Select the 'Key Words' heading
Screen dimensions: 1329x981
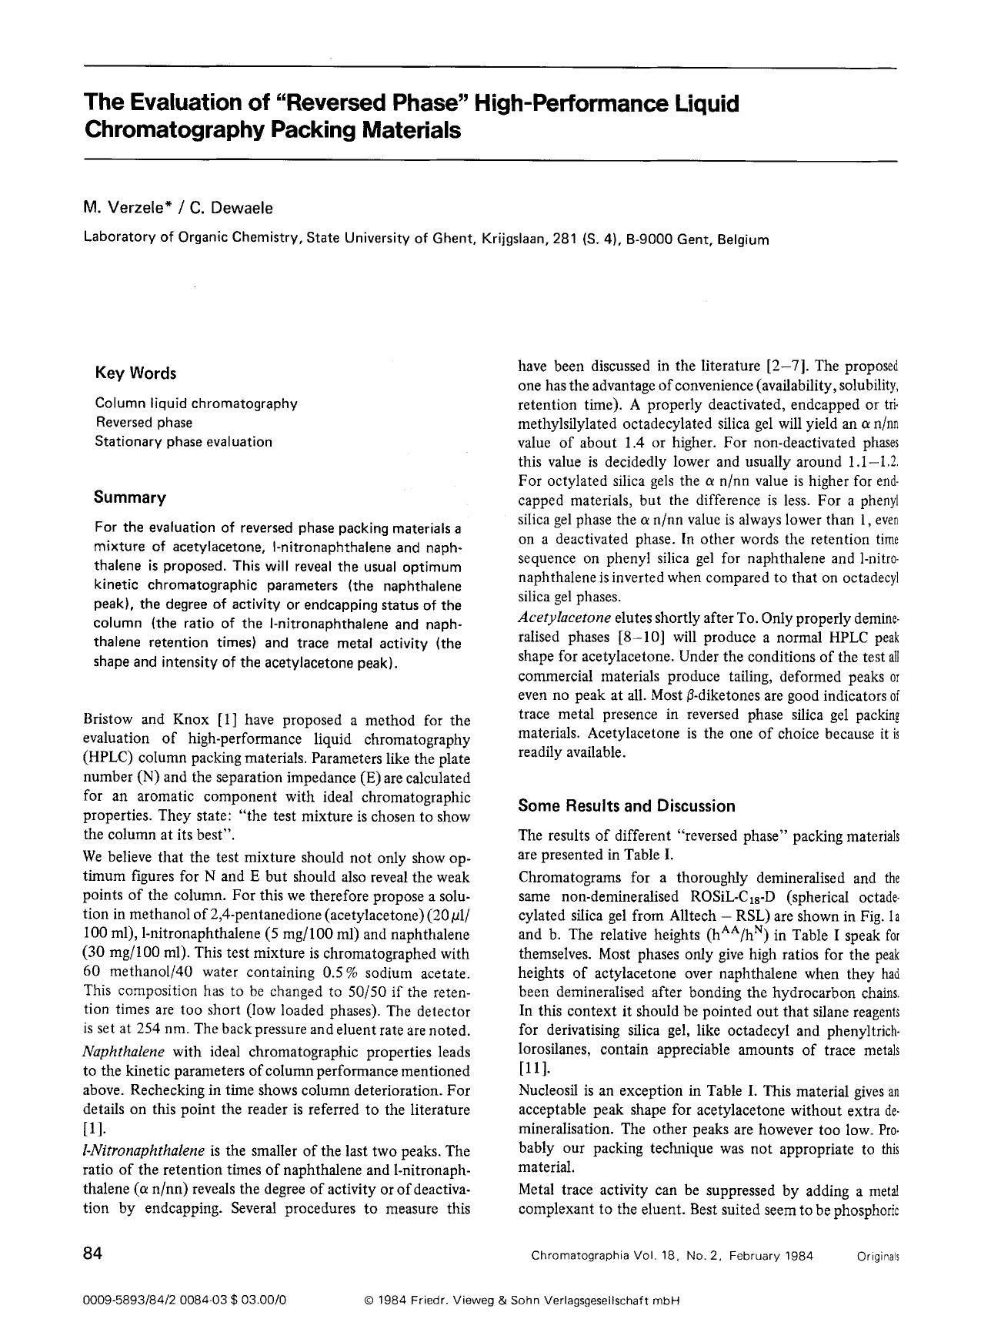click(x=135, y=373)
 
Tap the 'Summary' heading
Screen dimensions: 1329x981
click(x=129, y=497)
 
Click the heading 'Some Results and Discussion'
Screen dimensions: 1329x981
click(x=626, y=806)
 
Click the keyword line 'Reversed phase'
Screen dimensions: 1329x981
click(x=143, y=423)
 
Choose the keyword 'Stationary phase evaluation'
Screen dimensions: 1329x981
click(x=183, y=442)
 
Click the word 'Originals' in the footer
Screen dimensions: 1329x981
click(x=877, y=1256)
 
